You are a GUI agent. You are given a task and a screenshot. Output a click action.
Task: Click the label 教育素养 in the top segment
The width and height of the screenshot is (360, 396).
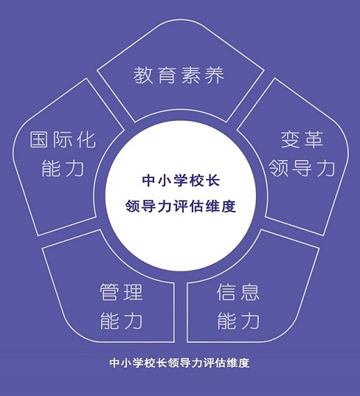tap(179, 75)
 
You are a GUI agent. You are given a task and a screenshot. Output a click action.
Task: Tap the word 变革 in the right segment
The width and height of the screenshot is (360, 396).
tap(302, 140)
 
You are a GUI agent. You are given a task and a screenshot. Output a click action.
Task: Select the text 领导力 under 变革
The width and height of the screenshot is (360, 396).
tap(302, 168)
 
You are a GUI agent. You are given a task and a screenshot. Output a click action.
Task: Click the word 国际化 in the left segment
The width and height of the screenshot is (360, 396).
tap(63, 140)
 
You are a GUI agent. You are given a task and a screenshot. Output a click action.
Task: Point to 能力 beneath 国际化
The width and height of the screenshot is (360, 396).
tap(63, 168)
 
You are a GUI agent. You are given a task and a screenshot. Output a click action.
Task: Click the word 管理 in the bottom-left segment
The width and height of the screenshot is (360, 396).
tap(121, 292)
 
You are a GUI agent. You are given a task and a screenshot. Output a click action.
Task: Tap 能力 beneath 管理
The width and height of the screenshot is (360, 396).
tap(121, 321)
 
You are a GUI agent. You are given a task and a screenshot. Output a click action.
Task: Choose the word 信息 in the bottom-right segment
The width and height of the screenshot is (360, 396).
tap(238, 292)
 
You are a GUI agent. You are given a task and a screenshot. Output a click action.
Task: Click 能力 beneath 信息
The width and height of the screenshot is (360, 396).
tap(239, 321)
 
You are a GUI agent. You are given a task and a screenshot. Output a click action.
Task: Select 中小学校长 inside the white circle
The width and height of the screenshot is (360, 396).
tap(181, 180)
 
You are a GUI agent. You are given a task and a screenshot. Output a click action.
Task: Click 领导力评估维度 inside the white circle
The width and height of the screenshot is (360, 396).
tap(181, 206)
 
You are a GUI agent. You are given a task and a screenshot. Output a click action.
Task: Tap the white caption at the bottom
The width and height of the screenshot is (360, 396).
tap(179, 362)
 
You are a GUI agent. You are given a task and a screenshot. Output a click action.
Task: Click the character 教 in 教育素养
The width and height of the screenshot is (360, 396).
tap(142, 75)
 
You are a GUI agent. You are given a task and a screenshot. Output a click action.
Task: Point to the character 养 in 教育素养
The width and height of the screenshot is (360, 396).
tap(215, 75)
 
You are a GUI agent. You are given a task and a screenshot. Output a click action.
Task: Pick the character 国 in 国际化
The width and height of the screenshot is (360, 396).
tap(39, 140)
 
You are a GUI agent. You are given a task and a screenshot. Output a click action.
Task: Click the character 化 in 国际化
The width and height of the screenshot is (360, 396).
tap(87, 140)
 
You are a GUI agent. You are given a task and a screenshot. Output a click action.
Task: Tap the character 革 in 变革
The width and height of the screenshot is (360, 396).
tap(314, 140)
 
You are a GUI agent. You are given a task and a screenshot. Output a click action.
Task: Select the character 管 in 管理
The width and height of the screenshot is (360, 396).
tap(110, 292)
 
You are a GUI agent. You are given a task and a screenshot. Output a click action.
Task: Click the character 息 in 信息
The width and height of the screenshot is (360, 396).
tap(250, 292)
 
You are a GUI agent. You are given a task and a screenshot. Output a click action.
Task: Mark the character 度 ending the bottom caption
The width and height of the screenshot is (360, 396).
tap(244, 362)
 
